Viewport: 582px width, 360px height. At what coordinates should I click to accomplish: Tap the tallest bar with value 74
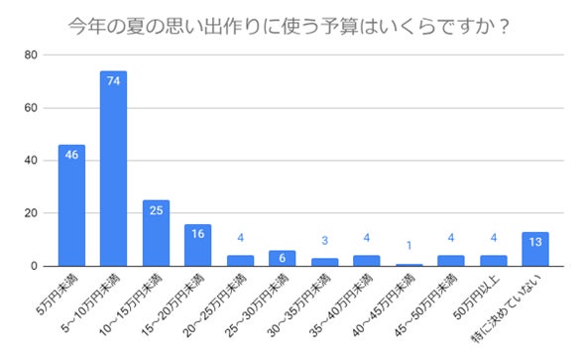113,169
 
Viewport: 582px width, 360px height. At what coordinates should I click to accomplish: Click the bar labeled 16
197,245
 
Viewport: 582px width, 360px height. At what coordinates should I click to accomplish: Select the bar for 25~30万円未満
282,258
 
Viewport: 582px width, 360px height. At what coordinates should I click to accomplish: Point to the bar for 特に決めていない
534,249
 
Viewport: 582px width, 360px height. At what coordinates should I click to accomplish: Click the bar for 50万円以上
493,261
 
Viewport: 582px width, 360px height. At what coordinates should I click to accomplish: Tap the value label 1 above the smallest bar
408,247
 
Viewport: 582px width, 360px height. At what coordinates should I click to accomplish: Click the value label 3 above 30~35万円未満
324,241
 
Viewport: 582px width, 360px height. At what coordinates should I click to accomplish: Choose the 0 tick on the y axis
34,266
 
